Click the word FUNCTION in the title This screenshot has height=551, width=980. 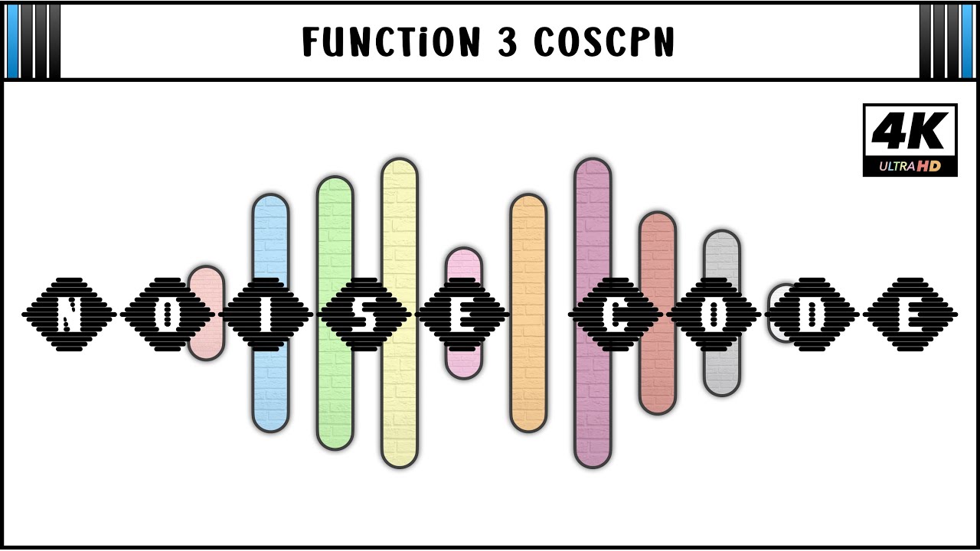[391, 41]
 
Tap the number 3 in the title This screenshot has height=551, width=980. [508, 41]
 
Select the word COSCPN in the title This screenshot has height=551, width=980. [604, 41]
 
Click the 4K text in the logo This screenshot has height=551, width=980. [910, 131]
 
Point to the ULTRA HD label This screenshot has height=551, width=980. [910, 166]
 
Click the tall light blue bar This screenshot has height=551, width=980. [270, 313]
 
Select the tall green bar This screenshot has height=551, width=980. [335, 313]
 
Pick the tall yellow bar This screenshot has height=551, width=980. [400, 313]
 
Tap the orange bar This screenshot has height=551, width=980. [528, 313]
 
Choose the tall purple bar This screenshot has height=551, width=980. [593, 313]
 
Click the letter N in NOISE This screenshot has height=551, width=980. [69, 315]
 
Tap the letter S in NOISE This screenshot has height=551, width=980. [364, 315]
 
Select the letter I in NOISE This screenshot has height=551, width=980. [266, 315]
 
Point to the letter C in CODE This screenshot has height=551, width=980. [615, 315]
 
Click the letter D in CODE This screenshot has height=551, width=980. [812, 315]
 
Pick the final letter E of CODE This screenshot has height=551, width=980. [910, 315]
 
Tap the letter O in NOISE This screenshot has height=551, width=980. [167, 315]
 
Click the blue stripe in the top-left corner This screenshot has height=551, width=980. [13, 41]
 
